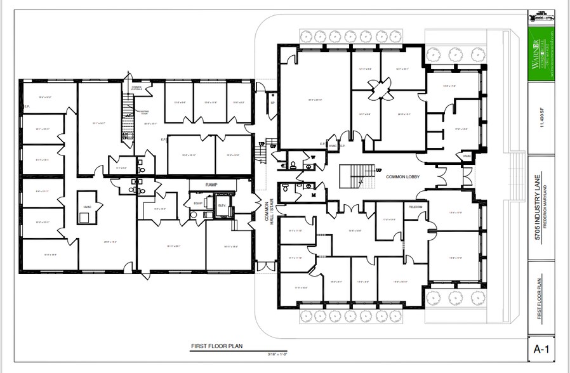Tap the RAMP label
pyautogui.click(x=211, y=185)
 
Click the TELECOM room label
pyautogui.click(x=416, y=207)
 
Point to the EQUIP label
pyautogui.click(x=197, y=204)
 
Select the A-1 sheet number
pyautogui.click(x=541, y=348)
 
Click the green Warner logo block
pyautogui.click(x=541, y=54)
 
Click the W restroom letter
pyautogui.click(x=312, y=157)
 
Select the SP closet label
pyautogui.click(x=272, y=102)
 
